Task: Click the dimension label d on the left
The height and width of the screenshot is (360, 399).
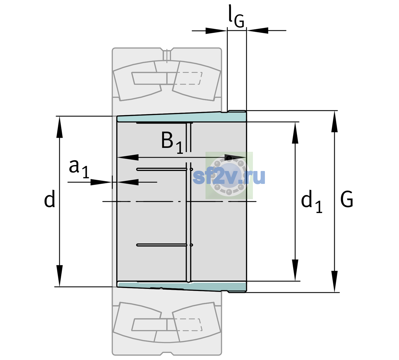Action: pyautogui.click(x=49, y=199)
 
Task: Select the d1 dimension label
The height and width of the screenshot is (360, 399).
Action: pyautogui.click(x=312, y=201)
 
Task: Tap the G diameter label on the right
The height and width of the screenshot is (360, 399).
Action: pyautogui.click(x=347, y=199)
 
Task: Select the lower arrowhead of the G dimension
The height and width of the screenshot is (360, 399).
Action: pyautogui.click(x=334, y=282)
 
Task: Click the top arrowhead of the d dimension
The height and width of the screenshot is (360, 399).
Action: pyautogui.click(x=59, y=127)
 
